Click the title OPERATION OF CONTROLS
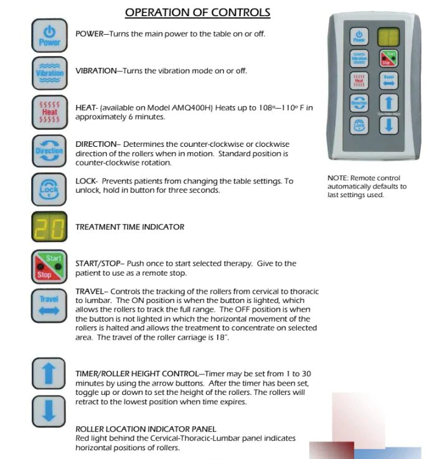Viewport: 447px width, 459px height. (197, 12)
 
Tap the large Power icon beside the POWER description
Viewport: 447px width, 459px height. (49, 35)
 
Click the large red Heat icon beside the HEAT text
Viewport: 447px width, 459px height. (49, 111)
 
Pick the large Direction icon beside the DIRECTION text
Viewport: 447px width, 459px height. (49, 150)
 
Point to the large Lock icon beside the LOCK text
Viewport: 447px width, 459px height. (49, 188)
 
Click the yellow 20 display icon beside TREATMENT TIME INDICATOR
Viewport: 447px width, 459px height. (49, 227)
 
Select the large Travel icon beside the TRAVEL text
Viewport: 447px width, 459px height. (49, 305)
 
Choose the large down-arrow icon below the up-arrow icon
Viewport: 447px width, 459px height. (49, 412)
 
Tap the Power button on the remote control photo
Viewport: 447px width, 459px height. (359, 35)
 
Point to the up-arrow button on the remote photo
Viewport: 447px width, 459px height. (388, 103)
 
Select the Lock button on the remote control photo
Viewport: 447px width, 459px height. (359, 125)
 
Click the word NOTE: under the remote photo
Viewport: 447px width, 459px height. (338, 178)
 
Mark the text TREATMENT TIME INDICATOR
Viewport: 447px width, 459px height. (129, 227)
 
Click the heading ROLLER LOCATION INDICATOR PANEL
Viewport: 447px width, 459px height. (146, 429)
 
